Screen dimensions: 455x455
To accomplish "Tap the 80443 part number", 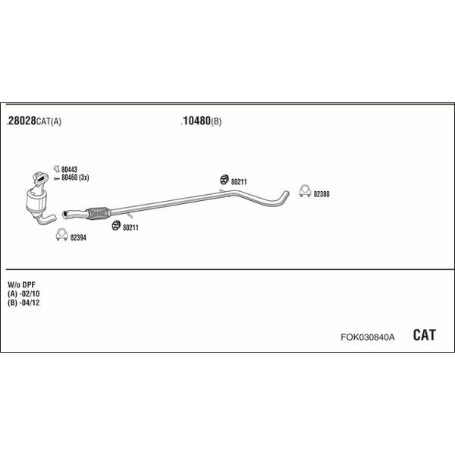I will click(69, 169).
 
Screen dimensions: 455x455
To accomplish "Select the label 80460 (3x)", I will click(75, 177).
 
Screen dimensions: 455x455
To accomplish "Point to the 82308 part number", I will click(322, 194).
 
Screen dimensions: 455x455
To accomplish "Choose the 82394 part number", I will click(78, 237).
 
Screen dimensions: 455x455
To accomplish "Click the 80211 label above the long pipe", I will click(239, 182).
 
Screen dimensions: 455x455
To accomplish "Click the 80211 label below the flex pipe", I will click(130, 227).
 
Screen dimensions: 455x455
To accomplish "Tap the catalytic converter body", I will click(36, 201).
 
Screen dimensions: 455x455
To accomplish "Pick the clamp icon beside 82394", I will click(62, 236).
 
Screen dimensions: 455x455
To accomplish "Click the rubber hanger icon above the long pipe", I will click(224, 180).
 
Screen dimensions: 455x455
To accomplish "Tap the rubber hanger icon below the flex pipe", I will click(116, 225).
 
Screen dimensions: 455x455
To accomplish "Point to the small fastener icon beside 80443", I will click(56, 168).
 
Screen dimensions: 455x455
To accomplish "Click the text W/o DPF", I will click(21, 284).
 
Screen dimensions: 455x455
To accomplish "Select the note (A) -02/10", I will click(24, 293).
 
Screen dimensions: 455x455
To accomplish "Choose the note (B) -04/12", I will click(24, 303).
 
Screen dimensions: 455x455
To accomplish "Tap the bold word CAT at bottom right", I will click(424, 335).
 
